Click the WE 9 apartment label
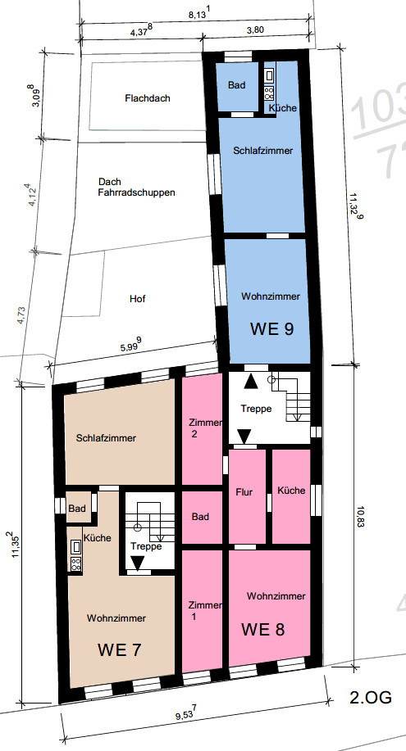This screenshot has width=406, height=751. tap(271, 329)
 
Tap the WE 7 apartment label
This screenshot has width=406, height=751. tap(120, 650)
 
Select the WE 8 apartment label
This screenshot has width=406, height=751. tap(262, 629)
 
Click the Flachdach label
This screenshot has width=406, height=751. tap(148, 98)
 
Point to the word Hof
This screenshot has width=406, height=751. tap(137, 299)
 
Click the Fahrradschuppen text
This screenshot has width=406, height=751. tap(137, 193)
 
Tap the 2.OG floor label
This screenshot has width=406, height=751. tap(371, 698)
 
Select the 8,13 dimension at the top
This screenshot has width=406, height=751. tap(198, 15)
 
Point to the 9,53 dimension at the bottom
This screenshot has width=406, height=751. tap(185, 717)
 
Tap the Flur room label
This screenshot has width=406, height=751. tap(244, 492)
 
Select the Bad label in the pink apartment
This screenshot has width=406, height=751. tap(200, 517)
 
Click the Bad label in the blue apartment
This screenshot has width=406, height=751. tap(236, 85)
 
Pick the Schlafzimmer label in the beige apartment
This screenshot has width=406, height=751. tap(106, 438)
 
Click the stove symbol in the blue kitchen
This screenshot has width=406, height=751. tap(269, 93)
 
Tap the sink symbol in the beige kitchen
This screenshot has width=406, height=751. tap(75, 546)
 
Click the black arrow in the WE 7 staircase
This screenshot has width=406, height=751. tap(138, 563)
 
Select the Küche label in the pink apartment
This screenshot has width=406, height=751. tap(291, 491)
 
